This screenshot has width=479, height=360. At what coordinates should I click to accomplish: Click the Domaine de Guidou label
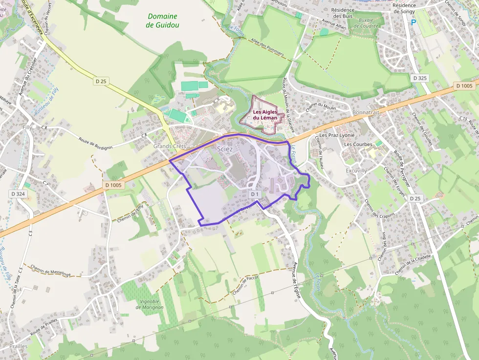(162, 20)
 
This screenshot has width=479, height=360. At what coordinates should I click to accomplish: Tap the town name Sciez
(225, 148)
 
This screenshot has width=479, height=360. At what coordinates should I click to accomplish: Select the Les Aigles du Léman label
(265, 115)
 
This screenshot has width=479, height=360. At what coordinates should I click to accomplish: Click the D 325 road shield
(420, 78)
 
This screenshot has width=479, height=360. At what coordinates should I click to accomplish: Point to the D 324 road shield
(18, 194)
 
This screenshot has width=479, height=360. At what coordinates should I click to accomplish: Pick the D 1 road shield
(254, 194)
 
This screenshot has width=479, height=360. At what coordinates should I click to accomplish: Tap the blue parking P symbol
(414, 22)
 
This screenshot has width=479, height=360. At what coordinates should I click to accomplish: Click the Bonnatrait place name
(366, 112)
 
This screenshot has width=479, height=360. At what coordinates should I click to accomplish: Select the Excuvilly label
(356, 171)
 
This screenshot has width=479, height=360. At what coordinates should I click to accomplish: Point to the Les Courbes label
(358, 145)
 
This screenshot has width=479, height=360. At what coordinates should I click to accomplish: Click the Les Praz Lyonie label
(337, 135)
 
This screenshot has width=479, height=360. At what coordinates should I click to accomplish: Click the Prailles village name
(18, 346)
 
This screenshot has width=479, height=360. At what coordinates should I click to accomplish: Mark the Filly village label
(28, 127)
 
